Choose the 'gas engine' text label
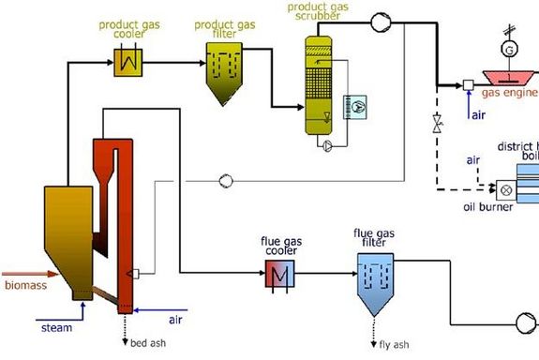pos(509,93)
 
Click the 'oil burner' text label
pos(488,206)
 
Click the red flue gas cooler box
pos(278,274)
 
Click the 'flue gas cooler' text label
pos(278,247)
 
